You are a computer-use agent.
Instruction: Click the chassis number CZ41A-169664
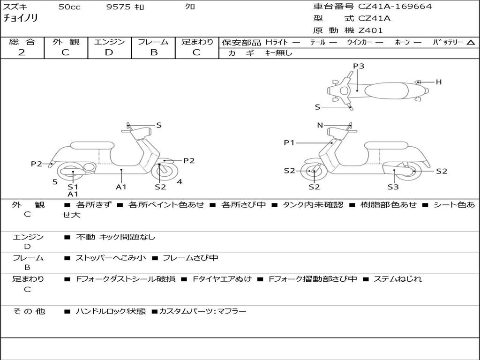point(395,7)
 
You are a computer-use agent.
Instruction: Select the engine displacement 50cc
point(69,7)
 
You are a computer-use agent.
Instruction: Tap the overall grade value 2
point(22,52)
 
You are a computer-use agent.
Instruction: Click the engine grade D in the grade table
point(109,52)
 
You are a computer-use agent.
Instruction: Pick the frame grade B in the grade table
point(153,52)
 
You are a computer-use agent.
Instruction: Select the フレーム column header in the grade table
point(153,42)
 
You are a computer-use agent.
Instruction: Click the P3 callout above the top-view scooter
point(359,66)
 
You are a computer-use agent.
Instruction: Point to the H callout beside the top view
point(439,82)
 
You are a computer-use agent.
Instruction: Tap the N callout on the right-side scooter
point(320,125)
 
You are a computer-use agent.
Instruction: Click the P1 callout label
point(289,142)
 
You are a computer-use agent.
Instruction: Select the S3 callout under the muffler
point(393,187)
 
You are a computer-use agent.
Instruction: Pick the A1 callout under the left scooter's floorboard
point(121,187)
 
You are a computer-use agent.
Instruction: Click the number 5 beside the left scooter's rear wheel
point(55,182)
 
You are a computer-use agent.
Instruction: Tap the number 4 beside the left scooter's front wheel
point(180,182)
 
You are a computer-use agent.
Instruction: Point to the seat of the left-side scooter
point(92,145)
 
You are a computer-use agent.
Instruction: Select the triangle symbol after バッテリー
point(471,42)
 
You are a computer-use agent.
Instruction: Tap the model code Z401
point(370,30)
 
